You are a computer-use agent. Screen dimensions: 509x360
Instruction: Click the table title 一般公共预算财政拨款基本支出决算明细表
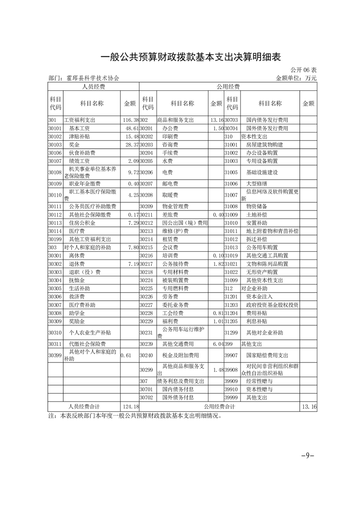point(191,57)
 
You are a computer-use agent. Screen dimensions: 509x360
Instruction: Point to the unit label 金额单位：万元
point(296,78)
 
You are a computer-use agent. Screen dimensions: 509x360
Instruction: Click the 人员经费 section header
point(94,86)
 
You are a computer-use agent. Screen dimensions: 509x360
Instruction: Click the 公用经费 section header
point(228,86)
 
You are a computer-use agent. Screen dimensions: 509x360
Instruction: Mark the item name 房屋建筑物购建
point(265,145)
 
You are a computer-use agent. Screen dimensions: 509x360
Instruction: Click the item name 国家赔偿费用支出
point(267,355)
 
